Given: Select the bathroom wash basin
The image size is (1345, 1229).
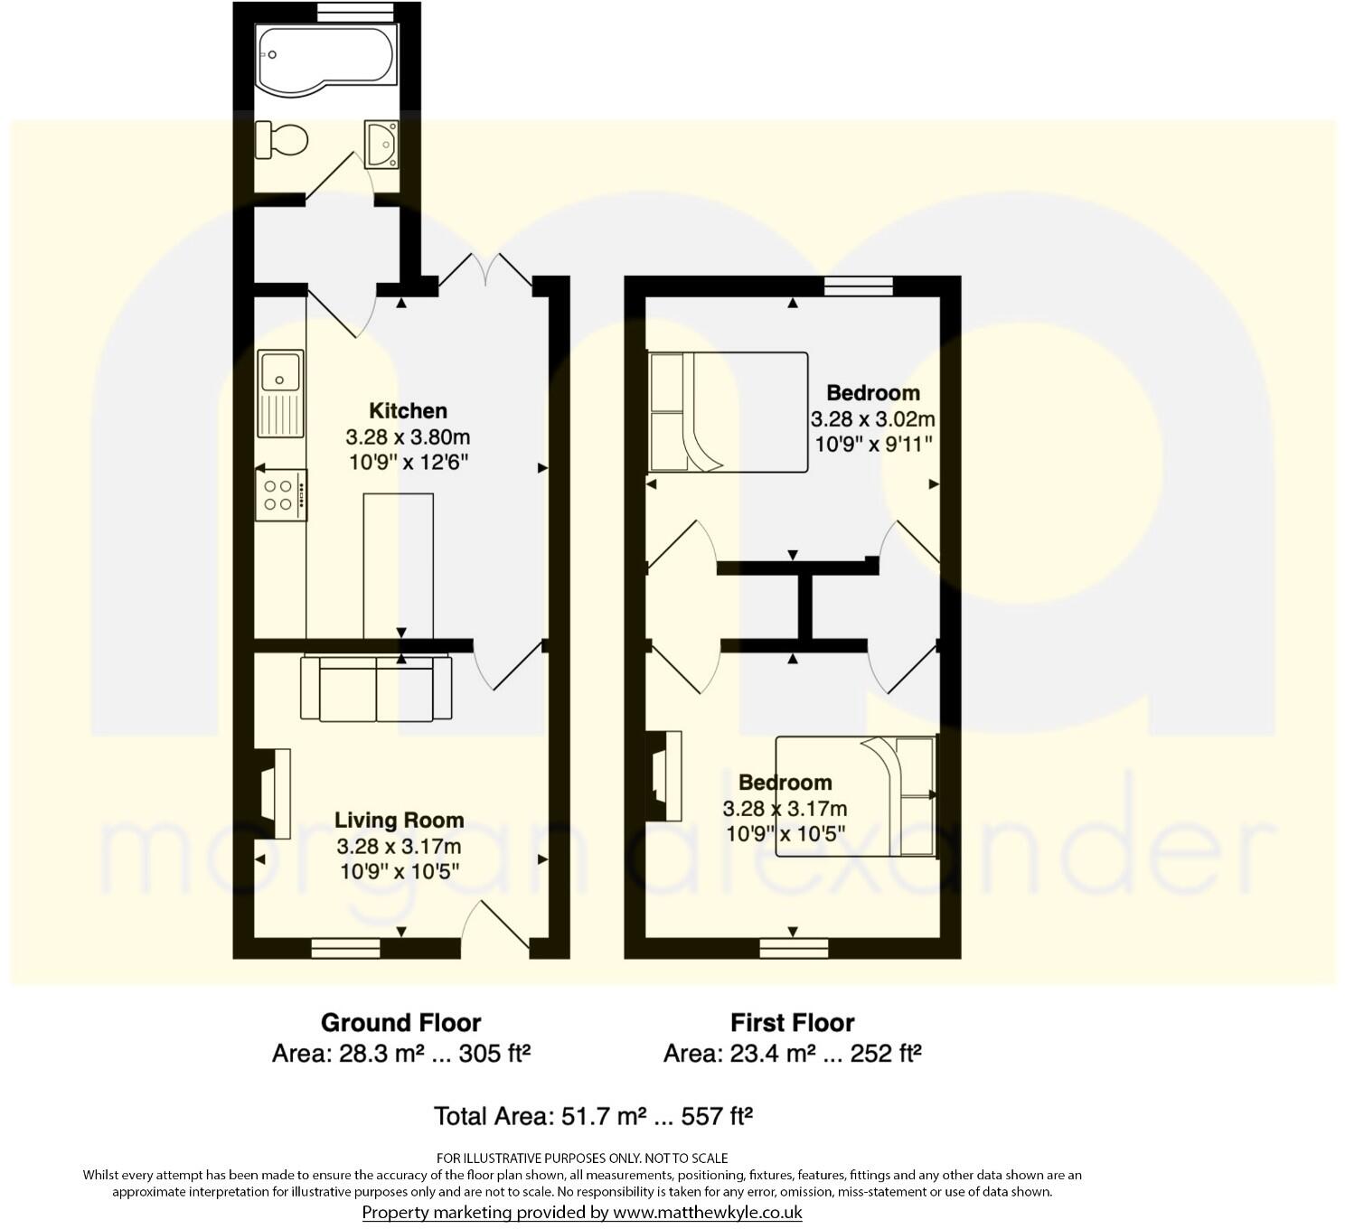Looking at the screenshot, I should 383,144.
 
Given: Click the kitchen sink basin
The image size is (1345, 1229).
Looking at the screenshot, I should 279,371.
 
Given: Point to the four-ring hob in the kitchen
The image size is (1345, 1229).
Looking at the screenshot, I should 281,495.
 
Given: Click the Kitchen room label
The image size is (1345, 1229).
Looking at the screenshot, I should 408,411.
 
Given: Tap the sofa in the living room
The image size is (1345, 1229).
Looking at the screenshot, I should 376,688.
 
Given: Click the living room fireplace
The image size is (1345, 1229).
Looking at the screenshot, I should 271,793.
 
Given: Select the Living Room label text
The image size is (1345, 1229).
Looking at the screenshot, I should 399,821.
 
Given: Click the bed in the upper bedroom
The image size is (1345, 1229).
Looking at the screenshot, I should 728,412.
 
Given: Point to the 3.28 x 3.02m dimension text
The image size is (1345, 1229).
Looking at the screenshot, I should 872,419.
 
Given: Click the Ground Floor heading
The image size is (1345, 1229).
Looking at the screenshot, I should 400,1023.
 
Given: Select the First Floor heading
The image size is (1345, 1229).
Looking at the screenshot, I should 792,1023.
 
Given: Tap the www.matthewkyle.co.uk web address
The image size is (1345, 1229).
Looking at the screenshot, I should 708,1213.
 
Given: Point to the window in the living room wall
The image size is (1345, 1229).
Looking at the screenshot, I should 345,948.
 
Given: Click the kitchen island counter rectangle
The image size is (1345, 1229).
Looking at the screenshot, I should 399,565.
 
